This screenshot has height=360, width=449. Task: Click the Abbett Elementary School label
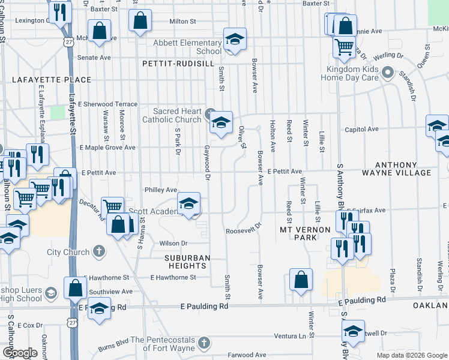[x=187, y=47]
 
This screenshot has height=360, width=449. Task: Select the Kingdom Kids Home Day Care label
[x=350, y=74]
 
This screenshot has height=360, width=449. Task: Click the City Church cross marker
[x=100, y=252]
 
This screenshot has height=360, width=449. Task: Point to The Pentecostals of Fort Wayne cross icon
[x=204, y=343]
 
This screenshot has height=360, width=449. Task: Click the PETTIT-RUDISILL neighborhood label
[x=178, y=63]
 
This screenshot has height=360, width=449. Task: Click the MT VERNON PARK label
[x=306, y=233]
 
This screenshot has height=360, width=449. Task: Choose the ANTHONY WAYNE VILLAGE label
[x=411, y=169]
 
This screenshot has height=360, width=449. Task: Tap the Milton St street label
[x=183, y=21]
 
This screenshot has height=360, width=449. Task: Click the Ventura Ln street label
[x=289, y=335]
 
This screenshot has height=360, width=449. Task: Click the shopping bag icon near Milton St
[x=140, y=21]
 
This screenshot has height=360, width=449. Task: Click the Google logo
[x=20, y=353]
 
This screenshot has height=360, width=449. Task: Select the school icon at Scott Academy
[x=188, y=204]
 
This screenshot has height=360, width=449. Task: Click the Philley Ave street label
[x=161, y=190]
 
